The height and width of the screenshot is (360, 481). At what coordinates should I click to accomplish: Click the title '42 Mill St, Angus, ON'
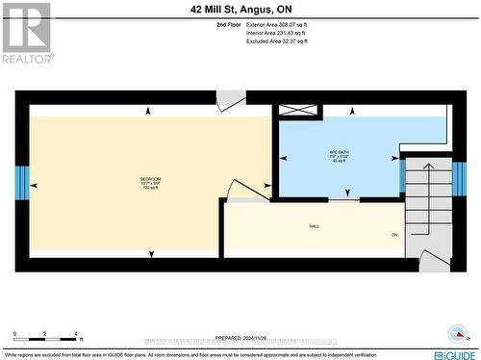point(240,8)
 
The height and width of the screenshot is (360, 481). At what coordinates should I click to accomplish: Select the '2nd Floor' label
point(228,24)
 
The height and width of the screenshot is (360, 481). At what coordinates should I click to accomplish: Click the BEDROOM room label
point(149,180)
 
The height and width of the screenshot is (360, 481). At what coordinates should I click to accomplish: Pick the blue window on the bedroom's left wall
point(22,181)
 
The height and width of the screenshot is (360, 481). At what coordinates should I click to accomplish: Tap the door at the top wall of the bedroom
point(230,100)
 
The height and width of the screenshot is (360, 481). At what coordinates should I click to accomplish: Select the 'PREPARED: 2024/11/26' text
point(240,338)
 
